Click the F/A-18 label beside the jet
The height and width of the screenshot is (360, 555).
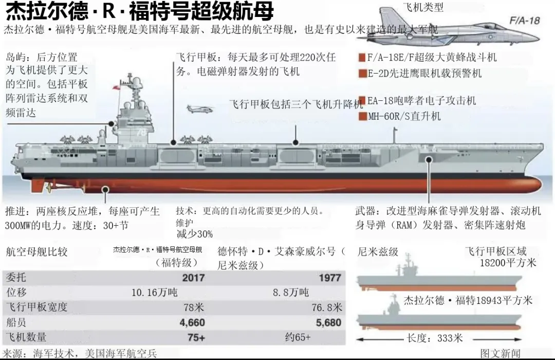tap(525, 21)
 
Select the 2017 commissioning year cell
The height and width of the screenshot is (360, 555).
tap(193, 278)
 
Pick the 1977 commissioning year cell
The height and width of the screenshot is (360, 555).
tap(329, 278)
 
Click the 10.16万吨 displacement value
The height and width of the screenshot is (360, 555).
tap(155, 293)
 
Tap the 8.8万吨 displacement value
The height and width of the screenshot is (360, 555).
tap(291, 293)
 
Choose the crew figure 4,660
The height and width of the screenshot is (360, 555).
tap(192, 323)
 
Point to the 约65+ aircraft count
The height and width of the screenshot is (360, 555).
tap(298, 338)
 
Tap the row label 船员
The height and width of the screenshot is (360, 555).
tap(15, 323)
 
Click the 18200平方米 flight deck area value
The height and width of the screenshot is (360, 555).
tap(508, 263)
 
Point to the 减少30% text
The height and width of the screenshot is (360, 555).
tap(194, 234)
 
